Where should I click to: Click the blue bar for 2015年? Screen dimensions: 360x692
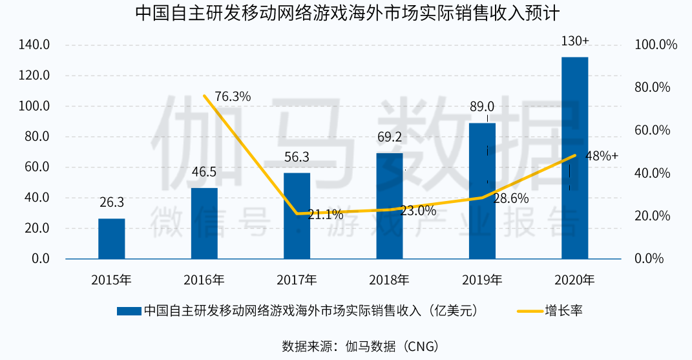[112, 238]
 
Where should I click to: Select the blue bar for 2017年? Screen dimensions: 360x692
[297, 216]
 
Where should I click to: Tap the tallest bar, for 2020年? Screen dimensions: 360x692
[574, 158]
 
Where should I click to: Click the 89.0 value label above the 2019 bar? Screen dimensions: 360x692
[481, 107]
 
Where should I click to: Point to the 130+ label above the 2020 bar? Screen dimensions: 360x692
[574, 41]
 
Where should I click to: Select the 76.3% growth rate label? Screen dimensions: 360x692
[232, 96]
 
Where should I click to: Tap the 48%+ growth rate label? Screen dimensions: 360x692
[602, 156]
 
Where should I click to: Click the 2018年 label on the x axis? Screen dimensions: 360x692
[390, 280]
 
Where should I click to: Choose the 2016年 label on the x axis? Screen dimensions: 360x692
[204, 280]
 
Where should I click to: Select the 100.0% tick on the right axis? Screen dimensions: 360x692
[655, 45]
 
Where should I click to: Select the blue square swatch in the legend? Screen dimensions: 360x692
[129, 311]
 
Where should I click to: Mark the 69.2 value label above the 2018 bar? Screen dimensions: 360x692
[390, 138]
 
